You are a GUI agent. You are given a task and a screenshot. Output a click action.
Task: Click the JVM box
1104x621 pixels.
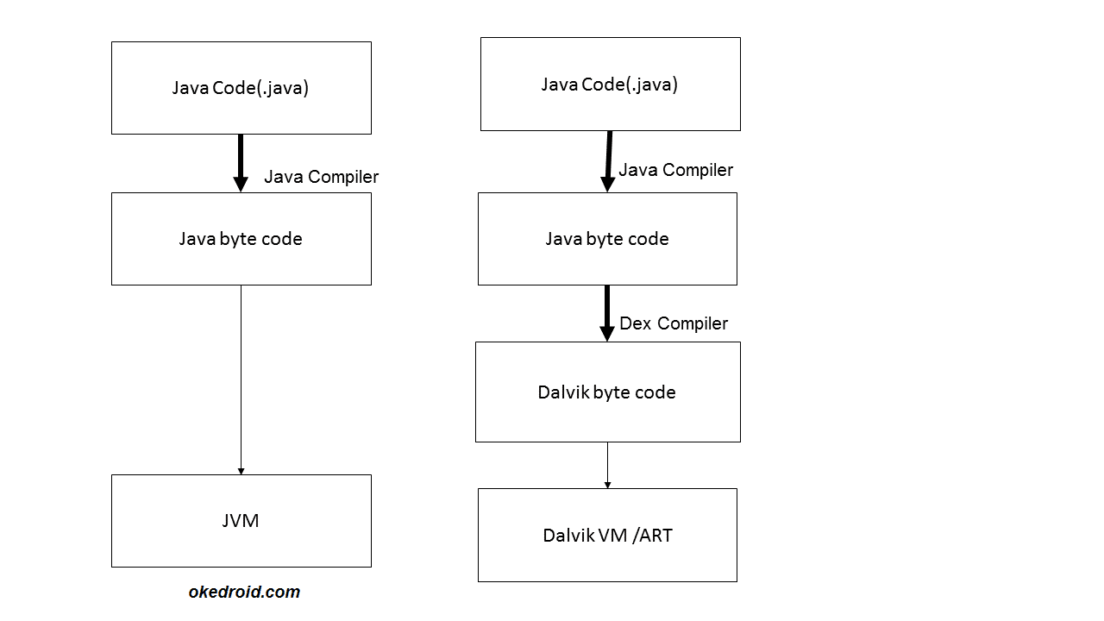click(x=241, y=520)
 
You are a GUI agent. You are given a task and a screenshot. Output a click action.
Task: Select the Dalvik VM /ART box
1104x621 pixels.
click(x=607, y=535)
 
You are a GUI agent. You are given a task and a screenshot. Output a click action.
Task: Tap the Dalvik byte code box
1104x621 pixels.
click(x=607, y=392)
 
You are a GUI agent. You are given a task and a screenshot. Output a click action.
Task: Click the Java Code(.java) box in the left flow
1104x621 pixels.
click(x=241, y=88)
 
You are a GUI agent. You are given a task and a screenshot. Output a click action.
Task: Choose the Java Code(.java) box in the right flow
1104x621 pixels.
click(x=610, y=84)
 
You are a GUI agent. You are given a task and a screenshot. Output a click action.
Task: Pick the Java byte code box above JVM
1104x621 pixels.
click(x=241, y=239)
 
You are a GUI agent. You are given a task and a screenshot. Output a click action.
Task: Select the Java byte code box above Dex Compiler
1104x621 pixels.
click(x=607, y=239)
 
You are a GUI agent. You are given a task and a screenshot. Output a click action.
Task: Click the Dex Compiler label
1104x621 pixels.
click(x=674, y=323)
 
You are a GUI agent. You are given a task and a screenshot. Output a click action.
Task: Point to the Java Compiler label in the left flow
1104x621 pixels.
click(x=321, y=177)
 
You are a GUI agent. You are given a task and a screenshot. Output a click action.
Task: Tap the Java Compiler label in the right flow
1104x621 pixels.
click(x=675, y=170)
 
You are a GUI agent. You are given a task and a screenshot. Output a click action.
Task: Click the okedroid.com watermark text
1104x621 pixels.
click(x=244, y=592)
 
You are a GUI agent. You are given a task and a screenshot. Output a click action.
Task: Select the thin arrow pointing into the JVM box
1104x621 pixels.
click(x=241, y=379)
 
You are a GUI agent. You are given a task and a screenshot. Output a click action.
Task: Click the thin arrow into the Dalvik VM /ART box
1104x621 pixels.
click(x=607, y=465)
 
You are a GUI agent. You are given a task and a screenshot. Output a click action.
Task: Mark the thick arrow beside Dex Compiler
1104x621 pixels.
click(x=606, y=312)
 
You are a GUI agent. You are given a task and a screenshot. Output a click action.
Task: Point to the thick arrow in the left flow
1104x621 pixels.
click(x=241, y=162)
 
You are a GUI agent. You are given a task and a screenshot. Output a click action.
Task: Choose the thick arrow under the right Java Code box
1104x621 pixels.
click(x=608, y=160)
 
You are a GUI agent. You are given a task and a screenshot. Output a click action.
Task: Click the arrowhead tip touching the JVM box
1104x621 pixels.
click(x=241, y=472)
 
